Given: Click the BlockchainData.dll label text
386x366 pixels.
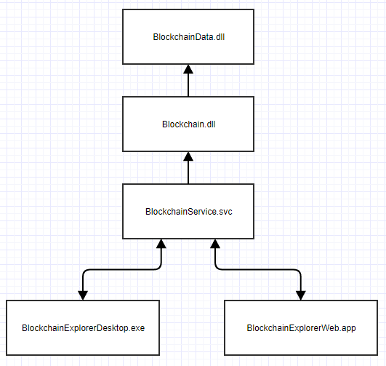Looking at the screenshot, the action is coord(188,37).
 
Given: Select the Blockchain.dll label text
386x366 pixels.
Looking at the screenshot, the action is coord(188,124).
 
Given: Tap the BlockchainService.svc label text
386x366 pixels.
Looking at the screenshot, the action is coord(188,212).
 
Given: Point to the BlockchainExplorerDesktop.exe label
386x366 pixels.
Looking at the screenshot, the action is coord(83,328).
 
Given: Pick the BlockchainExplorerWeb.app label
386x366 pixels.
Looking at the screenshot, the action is coord(301,328).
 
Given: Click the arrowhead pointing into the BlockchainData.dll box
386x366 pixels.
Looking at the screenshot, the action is coord(188,69).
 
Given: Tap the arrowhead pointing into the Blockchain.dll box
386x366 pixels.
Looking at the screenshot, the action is coord(188,156).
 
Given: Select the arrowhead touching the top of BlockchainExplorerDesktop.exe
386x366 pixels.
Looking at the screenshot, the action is coord(83,295).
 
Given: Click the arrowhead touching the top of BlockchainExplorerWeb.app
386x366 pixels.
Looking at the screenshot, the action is coord(301,295).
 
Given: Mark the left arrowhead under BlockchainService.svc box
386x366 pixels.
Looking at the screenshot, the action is coord(161,244).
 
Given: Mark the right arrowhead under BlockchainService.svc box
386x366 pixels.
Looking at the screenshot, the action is coord(215,244).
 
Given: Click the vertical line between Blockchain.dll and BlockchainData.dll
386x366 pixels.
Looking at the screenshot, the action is coord(188,85).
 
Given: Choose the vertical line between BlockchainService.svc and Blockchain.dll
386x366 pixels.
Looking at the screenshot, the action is coord(188,172).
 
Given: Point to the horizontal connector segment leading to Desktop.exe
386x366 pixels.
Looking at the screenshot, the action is coord(122,270).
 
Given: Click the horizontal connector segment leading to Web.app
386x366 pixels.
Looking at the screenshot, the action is coord(258,270).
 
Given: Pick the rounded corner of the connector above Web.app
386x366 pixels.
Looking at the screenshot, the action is coord(299,272).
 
